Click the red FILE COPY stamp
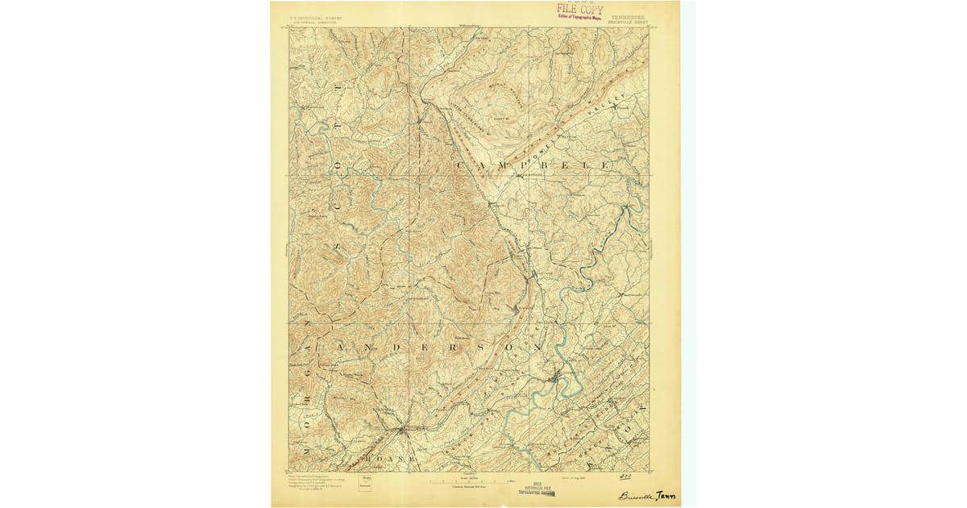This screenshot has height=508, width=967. [579, 9]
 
